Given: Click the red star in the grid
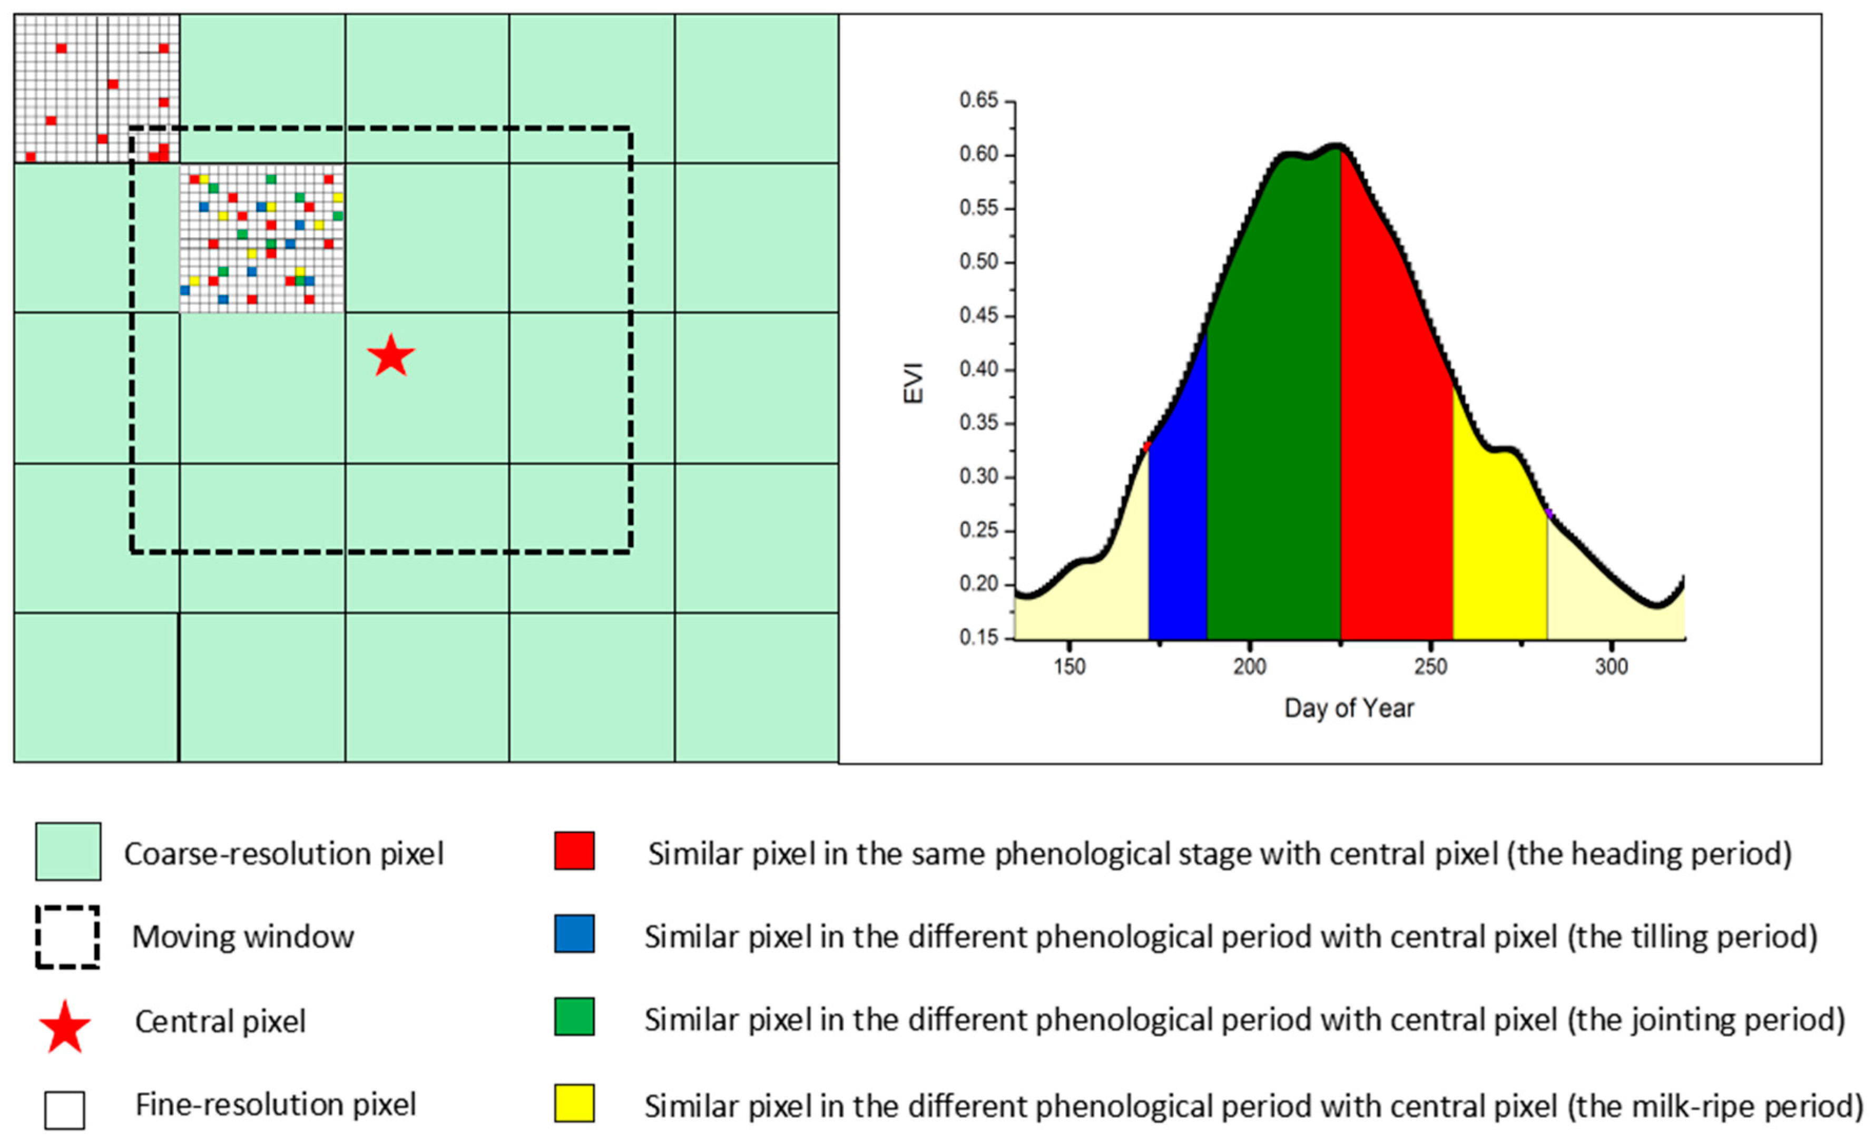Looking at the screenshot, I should [x=391, y=356].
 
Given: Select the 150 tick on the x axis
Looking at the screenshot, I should [x=1070, y=666].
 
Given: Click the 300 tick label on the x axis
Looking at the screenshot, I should [x=1611, y=666].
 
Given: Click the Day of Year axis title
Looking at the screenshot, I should [x=1348, y=708].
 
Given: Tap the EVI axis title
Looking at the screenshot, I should [x=913, y=383].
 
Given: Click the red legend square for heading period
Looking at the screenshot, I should [x=574, y=851].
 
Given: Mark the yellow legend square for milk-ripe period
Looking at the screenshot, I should [x=574, y=1103].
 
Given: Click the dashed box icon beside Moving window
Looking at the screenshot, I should [x=67, y=937].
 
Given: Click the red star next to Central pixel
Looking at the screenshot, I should [x=65, y=1027].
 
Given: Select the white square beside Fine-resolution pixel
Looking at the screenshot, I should [x=65, y=1110].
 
